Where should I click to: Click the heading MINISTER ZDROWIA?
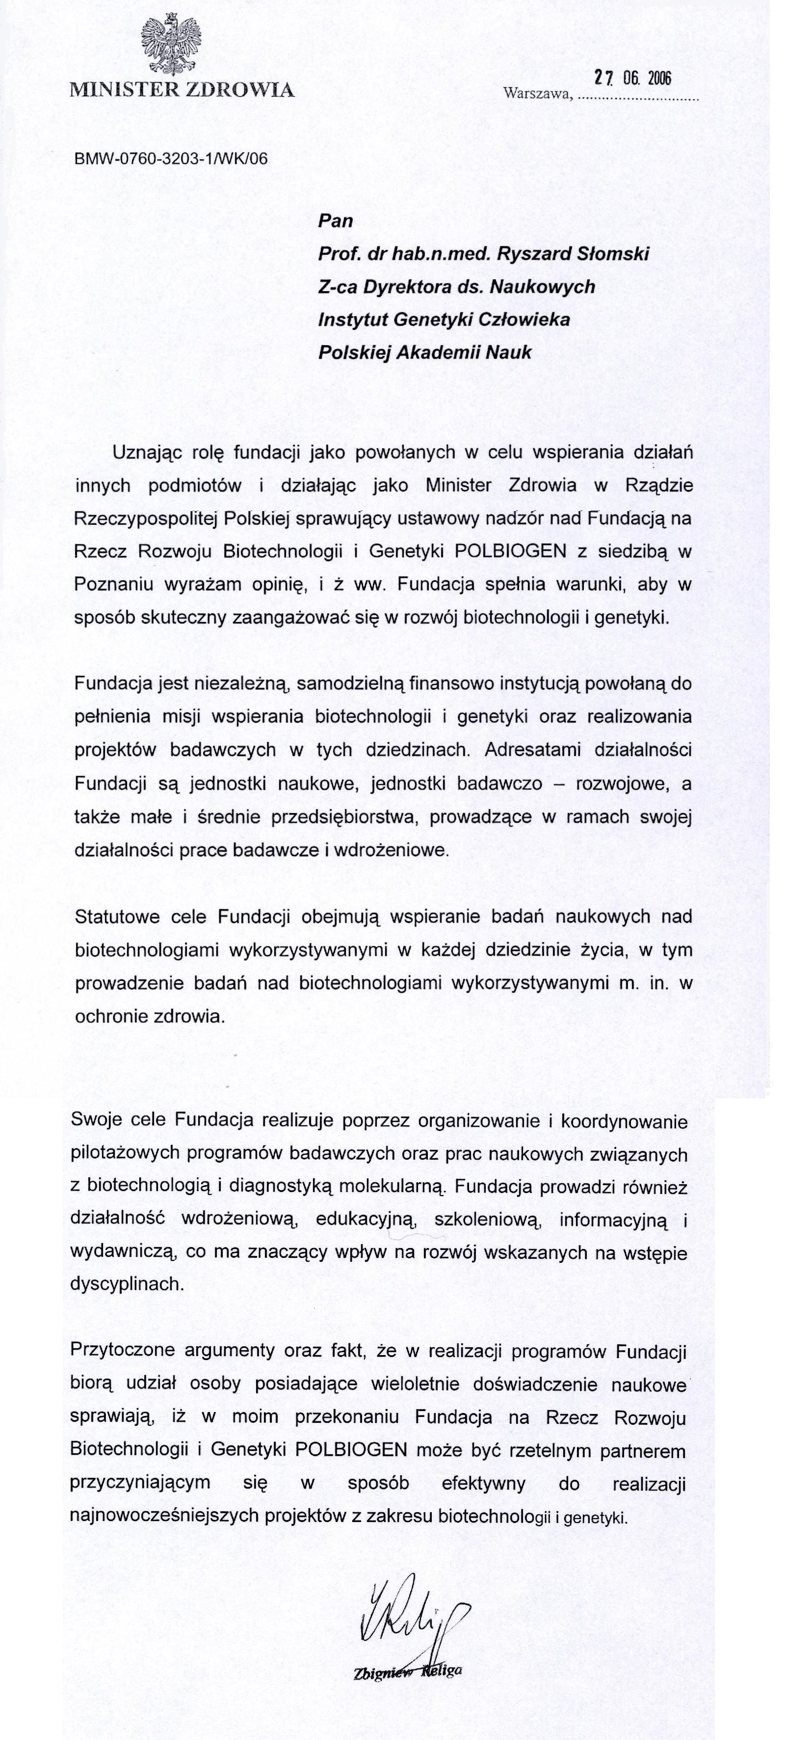tap(182, 90)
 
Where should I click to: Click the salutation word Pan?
tap(336, 221)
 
